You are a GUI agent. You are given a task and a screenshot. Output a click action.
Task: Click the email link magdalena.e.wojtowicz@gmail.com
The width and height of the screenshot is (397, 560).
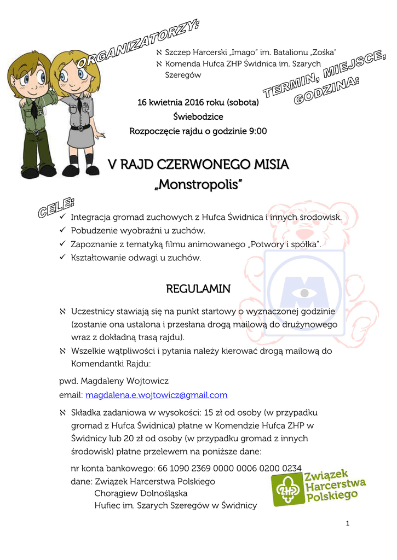tap(157, 395)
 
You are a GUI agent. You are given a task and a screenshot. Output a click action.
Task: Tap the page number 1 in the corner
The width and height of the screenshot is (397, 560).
tap(348, 523)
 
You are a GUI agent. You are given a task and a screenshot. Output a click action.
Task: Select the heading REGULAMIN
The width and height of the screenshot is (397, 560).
tap(198, 288)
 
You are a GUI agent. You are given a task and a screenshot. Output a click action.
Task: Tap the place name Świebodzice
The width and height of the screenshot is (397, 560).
tap(198, 116)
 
